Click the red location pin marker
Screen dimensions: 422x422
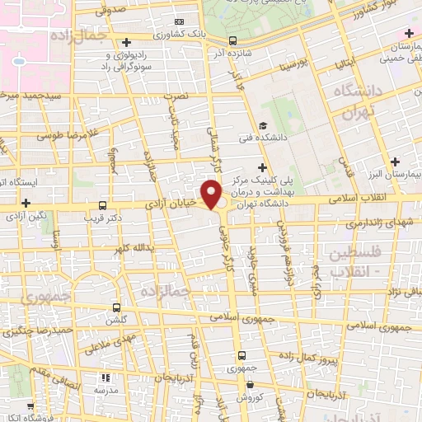(x=212, y=195)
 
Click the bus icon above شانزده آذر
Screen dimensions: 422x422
(x=233, y=40)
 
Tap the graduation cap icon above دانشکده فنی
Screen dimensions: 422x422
(x=262, y=126)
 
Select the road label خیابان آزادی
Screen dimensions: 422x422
(x=172, y=201)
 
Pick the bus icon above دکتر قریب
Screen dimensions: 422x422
(x=102, y=205)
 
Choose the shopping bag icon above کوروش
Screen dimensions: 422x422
(x=249, y=385)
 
